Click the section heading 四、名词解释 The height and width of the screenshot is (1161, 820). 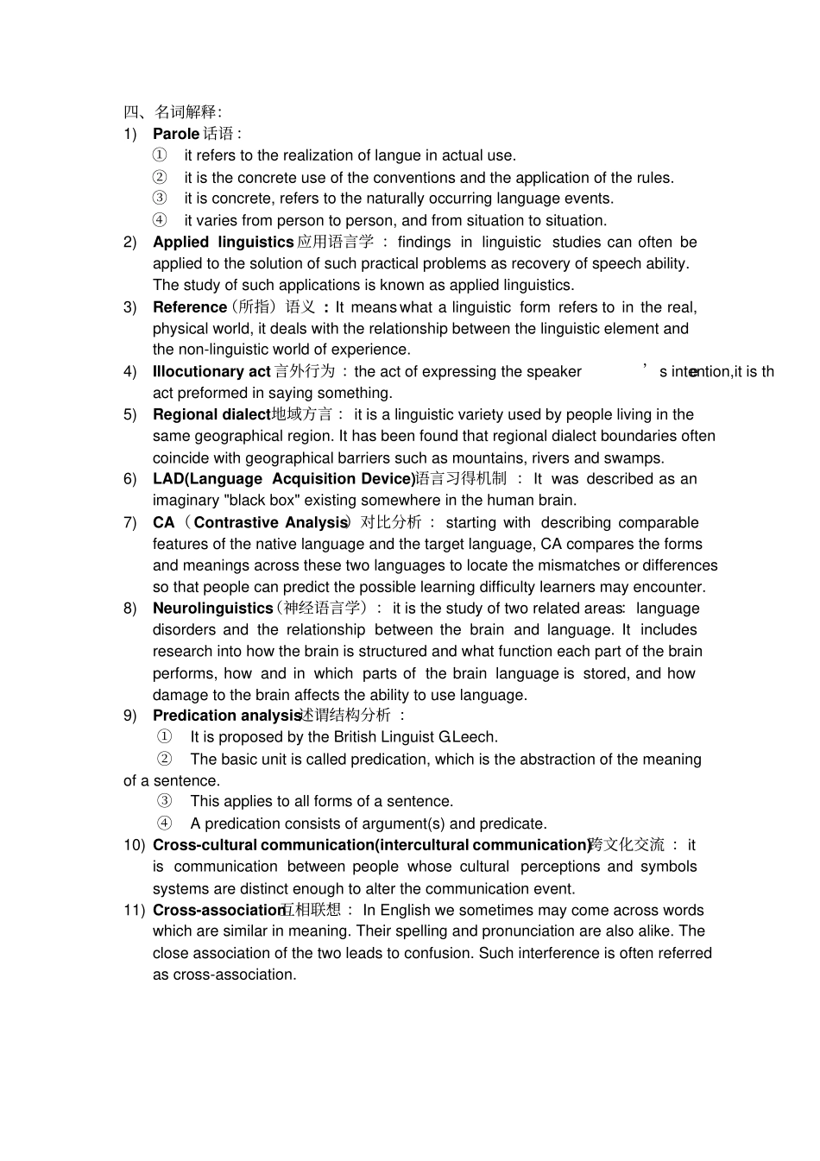tap(172, 111)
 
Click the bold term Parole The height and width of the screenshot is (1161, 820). tap(175, 134)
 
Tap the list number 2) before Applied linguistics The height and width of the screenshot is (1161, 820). tap(130, 243)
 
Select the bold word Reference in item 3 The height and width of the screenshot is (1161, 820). tap(189, 307)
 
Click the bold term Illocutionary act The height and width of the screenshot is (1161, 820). tap(211, 372)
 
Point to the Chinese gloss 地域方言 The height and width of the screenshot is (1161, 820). tap(302, 415)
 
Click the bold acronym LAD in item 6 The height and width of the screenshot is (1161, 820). tap(168, 479)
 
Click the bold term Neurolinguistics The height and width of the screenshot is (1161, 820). tap(212, 609)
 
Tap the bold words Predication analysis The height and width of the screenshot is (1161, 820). tap(226, 716)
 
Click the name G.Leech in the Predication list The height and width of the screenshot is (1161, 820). tap(467, 737)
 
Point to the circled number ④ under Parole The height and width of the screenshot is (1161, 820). tap(160, 220)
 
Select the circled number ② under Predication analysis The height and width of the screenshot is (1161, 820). tap(164, 759)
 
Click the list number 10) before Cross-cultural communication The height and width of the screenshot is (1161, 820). tap(134, 845)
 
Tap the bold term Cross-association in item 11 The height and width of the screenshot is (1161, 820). tap(218, 911)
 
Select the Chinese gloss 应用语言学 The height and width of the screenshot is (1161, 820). tap(335, 243)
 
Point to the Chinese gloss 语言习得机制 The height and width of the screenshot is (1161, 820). tap(462, 479)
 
